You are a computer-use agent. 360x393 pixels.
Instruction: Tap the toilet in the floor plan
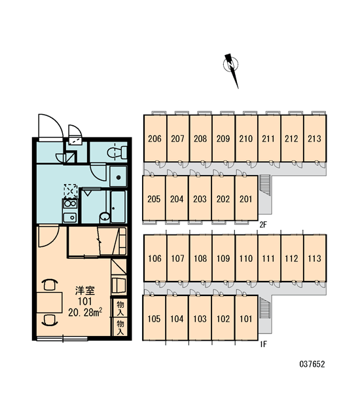(x=117, y=153)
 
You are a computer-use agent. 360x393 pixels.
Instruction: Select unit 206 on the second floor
(x=155, y=138)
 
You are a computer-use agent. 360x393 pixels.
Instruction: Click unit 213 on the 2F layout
(x=315, y=138)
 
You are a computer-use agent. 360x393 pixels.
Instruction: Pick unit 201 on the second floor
(x=246, y=198)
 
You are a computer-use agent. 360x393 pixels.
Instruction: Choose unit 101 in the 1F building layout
(x=246, y=318)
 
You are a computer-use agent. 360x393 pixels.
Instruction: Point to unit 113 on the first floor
(x=315, y=258)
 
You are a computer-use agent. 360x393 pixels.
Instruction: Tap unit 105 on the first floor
(x=154, y=318)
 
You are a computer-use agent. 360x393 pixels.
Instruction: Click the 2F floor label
(x=263, y=225)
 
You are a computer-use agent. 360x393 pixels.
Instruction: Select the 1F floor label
(x=263, y=345)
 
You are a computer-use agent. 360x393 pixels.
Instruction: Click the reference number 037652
(x=312, y=364)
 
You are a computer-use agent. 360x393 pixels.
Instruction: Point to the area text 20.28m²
(x=85, y=312)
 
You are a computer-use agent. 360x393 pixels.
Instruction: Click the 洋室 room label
(x=85, y=291)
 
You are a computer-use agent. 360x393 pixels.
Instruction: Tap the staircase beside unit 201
(x=264, y=185)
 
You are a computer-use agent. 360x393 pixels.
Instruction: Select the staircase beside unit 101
(x=264, y=308)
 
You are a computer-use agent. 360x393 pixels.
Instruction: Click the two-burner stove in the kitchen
(x=70, y=204)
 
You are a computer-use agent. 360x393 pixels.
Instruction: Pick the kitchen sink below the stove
(x=70, y=217)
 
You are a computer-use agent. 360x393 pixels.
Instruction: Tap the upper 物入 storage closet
(x=120, y=308)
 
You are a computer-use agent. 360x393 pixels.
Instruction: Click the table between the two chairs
(x=50, y=302)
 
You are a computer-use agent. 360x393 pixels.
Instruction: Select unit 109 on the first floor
(x=223, y=258)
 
